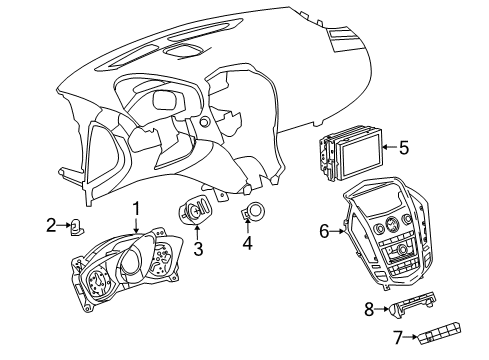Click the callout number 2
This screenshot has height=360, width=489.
51,225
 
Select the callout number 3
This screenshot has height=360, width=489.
198,249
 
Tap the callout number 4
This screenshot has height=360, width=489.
249,242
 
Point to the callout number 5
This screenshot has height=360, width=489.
404,148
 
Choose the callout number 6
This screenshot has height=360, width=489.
325,231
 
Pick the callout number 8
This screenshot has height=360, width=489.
369,309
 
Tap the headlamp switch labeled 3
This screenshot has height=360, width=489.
192,211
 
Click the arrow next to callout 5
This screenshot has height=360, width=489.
388,148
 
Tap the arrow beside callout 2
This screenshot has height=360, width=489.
63,225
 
